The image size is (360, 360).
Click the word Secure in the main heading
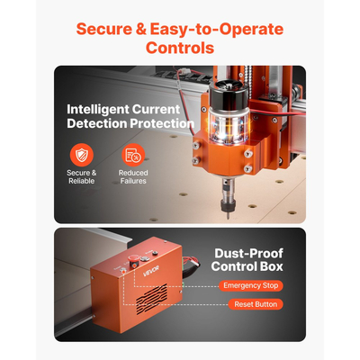pyautogui.click(x=103, y=29)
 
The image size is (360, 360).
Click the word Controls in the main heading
pyautogui.click(x=180, y=48)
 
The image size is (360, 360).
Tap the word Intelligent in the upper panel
pyautogui.click(x=96, y=110)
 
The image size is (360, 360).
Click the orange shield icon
pyautogui.click(x=82, y=156)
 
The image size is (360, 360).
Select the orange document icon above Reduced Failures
pyautogui.click(x=133, y=156)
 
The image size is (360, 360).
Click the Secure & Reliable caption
pyautogui.click(x=82, y=177)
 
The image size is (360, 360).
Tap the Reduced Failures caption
pyautogui.click(x=133, y=177)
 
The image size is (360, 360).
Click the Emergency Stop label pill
pyautogui.click(x=251, y=285)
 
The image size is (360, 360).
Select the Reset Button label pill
pyautogui.click(x=256, y=304)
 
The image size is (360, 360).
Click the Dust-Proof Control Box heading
pyautogui.click(x=247, y=260)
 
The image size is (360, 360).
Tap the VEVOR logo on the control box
pyautogui.click(x=151, y=271)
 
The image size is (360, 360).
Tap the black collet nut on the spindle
pyautogui.click(x=227, y=204)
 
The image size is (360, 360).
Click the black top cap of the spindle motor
pyautogui.click(x=229, y=94)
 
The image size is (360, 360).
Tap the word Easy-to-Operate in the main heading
pyautogui.click(x=217, y=29)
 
